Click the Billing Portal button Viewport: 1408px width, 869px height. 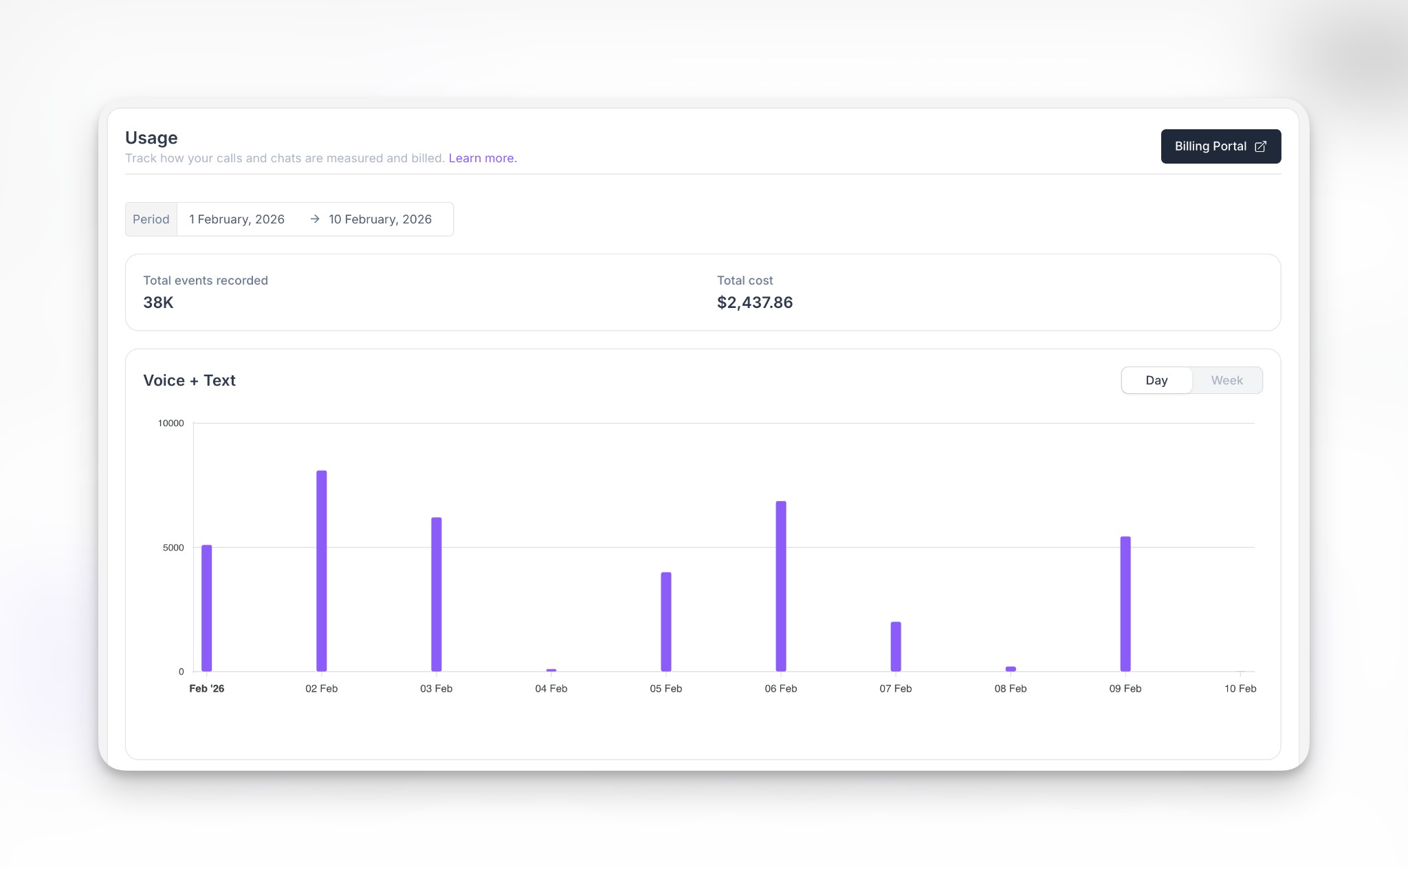1220,146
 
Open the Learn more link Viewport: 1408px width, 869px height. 482,158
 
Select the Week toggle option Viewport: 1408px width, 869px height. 1226,380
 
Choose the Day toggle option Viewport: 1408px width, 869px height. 1156,380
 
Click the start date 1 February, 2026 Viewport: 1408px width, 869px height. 236,219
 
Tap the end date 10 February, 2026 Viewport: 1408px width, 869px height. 379,219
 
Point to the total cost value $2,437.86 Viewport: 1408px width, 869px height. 754,302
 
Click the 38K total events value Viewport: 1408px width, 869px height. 158,302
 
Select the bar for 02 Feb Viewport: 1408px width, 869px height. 322,571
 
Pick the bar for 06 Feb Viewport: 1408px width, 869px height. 781,586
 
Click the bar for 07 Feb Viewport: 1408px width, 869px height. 896,646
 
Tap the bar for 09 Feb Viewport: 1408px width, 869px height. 1125,604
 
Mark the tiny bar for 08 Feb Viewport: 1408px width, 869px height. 1011,669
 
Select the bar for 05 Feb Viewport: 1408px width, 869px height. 666,621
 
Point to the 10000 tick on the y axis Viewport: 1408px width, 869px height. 171,423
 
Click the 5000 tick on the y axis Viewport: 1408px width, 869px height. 173,548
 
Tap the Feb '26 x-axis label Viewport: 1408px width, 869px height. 206,689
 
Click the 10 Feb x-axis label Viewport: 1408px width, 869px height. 1240,689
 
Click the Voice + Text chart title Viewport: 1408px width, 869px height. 189,381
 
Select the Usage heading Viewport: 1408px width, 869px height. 151,138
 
